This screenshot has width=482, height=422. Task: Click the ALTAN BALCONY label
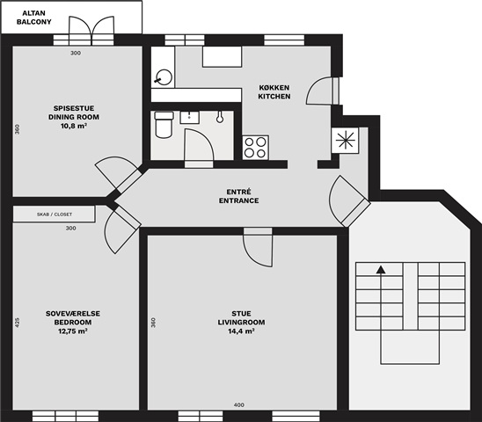click(x=33, y=18)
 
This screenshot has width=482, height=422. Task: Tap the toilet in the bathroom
click(x=164, y=125)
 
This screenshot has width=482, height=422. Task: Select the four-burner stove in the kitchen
click(x=255, y=148)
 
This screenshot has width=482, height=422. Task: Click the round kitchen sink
click(x=164, y=77)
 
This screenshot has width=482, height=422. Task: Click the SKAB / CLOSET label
click(x=55, y=215)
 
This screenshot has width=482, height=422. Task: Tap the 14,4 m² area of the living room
click(x=241, y=331)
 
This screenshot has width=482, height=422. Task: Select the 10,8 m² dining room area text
click(x=74, y=126)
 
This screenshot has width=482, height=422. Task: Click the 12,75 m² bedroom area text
click(x=73, y=331)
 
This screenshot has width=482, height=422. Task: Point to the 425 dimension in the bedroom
click(x=18, y=322)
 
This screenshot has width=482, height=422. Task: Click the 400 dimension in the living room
click(x=239, y=404)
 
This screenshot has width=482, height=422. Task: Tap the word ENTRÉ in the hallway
click(x=239, y=192)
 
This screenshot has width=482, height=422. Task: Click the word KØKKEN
click(x=274, y=88)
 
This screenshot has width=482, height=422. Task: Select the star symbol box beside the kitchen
click(x=345, y=141)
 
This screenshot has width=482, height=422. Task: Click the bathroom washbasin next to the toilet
click(x=190, y=118)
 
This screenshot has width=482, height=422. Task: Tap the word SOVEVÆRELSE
click(x=73, y=314)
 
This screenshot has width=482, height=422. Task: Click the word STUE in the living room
click(x=241, y=314)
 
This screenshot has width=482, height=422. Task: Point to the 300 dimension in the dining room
click(x=76, y=53)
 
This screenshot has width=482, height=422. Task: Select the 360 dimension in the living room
click(x=153, y=322)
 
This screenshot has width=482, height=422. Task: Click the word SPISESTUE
click(x=74, y=108)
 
